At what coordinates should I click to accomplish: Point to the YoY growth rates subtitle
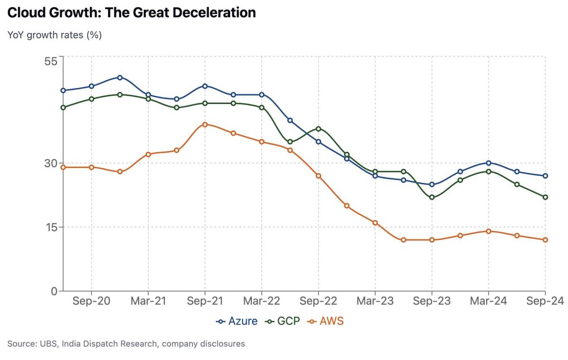54,35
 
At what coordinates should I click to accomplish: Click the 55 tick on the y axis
51,61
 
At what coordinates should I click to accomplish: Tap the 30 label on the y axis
51,163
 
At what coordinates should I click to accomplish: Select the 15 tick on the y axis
51,227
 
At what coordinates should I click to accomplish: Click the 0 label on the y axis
54,291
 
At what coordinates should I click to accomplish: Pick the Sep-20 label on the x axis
91,301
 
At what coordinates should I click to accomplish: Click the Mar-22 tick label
262,301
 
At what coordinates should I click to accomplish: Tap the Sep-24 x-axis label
544,301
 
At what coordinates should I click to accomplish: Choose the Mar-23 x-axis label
375,301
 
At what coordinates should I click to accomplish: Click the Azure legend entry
237,321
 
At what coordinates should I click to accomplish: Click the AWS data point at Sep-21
205,125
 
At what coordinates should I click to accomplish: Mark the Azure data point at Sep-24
545,176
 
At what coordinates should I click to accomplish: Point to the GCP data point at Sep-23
432,197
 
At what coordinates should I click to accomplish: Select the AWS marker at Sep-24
545,240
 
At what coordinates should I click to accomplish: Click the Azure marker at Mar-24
488,163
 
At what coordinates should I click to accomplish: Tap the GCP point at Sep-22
319,129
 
